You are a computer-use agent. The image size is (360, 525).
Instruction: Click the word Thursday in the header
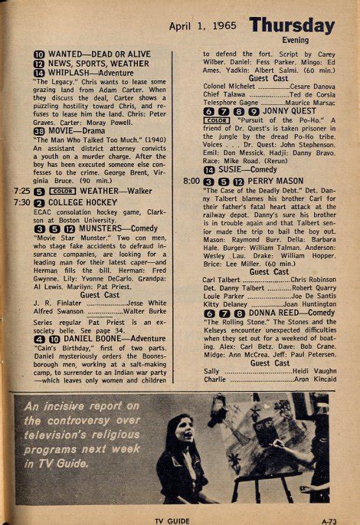pos(292,26)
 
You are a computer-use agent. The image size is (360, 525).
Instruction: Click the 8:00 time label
pos(191,180)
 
